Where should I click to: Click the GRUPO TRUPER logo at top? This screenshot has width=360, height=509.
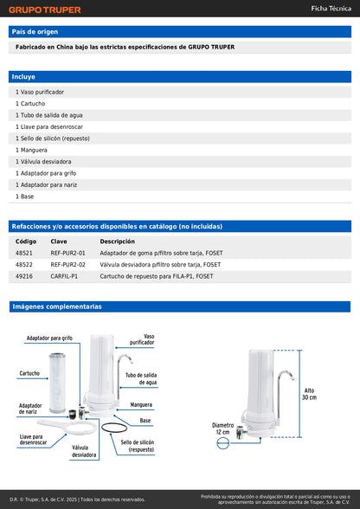tap(44, 10)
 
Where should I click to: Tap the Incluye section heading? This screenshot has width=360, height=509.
tap(24, 77)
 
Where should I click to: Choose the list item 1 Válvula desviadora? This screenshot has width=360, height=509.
tap(42, 161)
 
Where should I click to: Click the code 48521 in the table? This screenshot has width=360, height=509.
tap(24, 253)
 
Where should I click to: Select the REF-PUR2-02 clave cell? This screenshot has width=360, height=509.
tap(67, 264)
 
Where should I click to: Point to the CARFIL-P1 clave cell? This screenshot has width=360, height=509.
tap(64, 276)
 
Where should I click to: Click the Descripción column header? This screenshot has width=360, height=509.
tap(117, 242)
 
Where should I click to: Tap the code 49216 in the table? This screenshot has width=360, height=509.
tap(24, 276)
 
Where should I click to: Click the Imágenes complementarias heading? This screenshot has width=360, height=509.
tap(56, 306)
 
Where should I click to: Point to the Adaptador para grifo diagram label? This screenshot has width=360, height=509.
tap(49, 338)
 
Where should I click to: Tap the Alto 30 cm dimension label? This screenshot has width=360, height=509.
tap(309, 393)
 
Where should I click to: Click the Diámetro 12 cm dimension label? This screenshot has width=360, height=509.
tap(222, 428)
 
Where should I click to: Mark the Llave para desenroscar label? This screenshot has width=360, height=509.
tap(32, 441)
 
